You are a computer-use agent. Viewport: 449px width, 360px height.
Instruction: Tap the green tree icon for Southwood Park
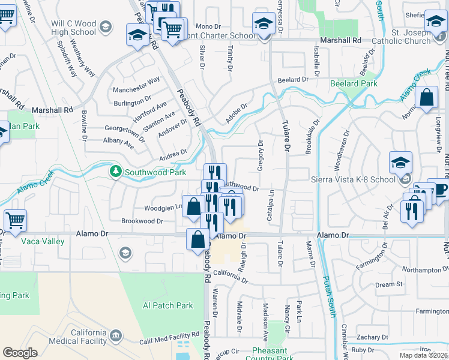pyautogui.click(x=116, y=172)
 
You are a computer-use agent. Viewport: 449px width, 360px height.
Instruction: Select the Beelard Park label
pyautogui.click(x=354, y=84)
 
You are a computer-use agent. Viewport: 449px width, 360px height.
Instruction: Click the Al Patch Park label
pyautogui.click(x=168, y=305)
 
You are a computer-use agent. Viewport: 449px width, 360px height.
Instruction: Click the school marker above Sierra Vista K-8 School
pyautogui.click(x=400, y=163)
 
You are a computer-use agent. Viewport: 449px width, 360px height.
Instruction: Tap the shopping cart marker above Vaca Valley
pyautogui.click(x=15, y=220)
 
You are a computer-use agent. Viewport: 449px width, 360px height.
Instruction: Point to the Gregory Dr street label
pyautogui.click(x=261, y=155)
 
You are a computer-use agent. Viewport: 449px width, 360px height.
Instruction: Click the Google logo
pyautogui.click(x=20, y=352)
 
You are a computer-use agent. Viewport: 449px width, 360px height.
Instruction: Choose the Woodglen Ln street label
pyautogui.click(x=162, y=208)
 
